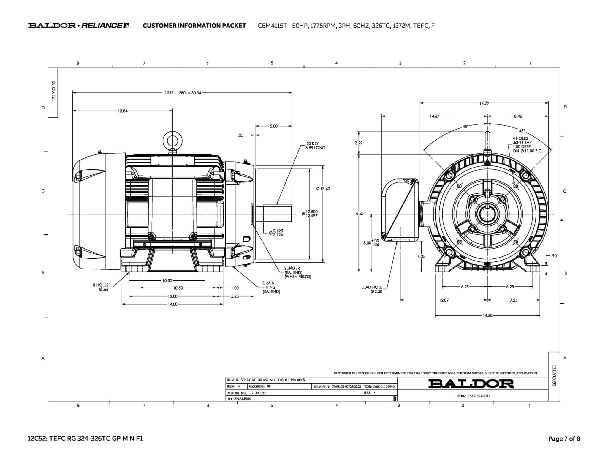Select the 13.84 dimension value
(x=123, y=111)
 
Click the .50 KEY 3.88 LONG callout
(x=315, y=146)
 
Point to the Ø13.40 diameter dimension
(x=323, y=189)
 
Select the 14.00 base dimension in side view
(x=172, y=304)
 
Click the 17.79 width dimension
(x=484, y=103)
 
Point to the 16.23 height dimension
(x=359, y=213)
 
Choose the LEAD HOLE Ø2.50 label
(x=372, y=289)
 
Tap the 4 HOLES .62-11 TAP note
(x=527, y=144)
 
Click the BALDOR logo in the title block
(x=471, y=384)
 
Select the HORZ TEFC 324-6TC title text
(x=473, y=396)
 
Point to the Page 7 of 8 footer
(x=564, y=439)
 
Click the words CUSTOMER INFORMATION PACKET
(x=194, y=26)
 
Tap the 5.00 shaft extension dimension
(x=273, y=126)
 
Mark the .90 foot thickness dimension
(x=554, y=256)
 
